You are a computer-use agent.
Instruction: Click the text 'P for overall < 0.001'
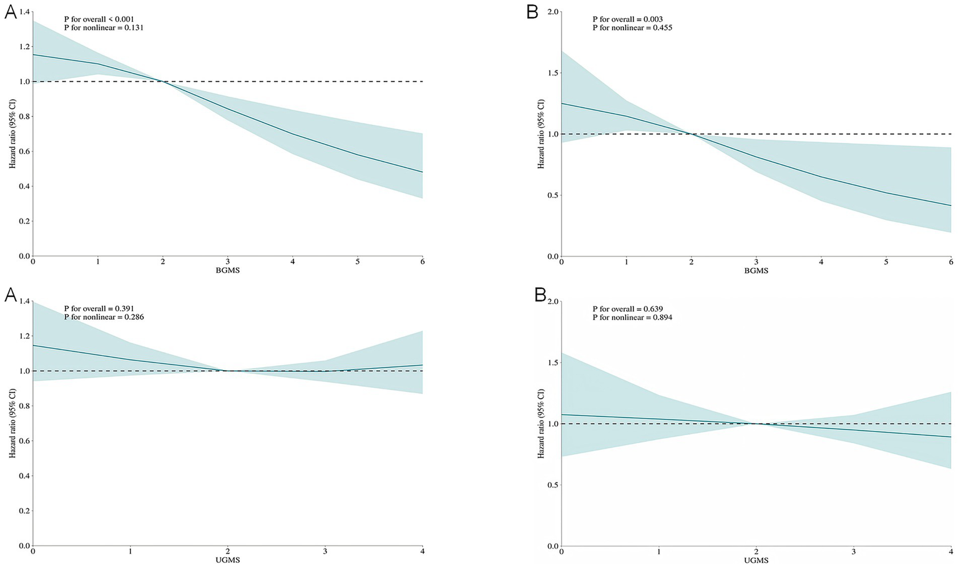[99, 19]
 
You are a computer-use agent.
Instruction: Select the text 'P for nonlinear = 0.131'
[104, 27]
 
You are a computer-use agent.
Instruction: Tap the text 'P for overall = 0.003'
[627, 19]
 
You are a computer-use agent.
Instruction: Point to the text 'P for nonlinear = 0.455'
[632, 27]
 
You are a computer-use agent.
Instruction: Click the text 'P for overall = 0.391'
[99, 309]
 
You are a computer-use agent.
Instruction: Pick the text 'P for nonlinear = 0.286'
[104, 317]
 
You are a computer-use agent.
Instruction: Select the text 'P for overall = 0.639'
[627, 309]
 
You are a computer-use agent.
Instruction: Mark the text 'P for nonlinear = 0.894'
[632, 317]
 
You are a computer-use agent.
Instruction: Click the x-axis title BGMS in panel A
[228, 271]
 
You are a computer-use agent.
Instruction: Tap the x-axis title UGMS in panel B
[756, 561]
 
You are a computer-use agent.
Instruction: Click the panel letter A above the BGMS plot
[11, 12]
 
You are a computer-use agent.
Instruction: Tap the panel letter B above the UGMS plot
[540, 295]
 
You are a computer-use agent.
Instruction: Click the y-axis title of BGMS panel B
[540, 134]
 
